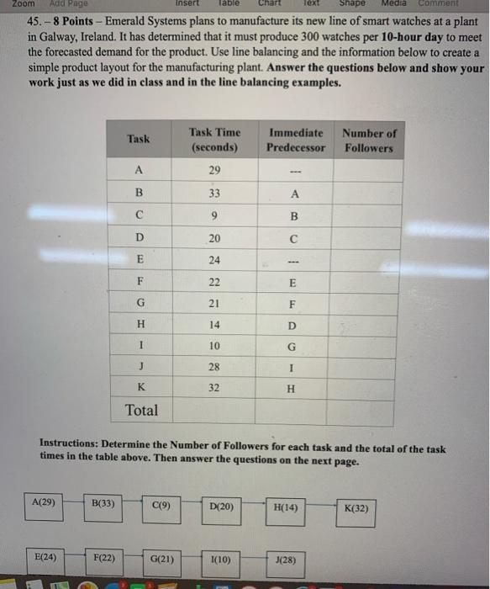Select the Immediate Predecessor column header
296,140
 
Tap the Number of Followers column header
368,140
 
